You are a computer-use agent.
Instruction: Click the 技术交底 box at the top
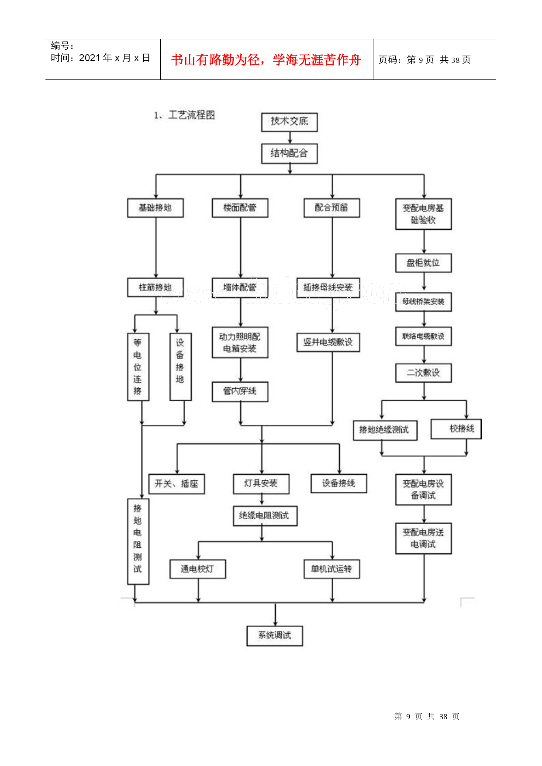(289, 122)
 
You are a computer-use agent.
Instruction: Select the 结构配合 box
(289, 154)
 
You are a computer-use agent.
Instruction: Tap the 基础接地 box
(155, 208)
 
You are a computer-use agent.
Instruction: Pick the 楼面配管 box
(240, 208)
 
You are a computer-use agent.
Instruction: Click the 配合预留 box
(331, 208)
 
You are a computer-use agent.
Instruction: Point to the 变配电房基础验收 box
(423, 214)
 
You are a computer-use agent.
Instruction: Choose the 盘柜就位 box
(423, 263)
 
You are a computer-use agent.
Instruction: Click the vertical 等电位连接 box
(138, 367)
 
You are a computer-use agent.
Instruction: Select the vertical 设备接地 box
(180, 367)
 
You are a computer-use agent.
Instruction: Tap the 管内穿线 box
(240, 391)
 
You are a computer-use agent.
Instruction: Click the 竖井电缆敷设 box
(328, 342)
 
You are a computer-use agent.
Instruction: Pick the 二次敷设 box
(423, 373)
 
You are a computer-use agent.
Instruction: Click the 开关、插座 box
(176, 484)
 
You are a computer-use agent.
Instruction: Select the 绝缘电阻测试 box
(265, 516)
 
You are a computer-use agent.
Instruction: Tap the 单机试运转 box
(331, 569)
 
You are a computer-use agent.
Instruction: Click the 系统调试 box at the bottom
(275, 636)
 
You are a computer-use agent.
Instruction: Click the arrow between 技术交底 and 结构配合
(290, 138)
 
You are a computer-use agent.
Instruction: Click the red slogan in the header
(266, 60)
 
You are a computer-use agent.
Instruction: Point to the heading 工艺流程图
(191, 115)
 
